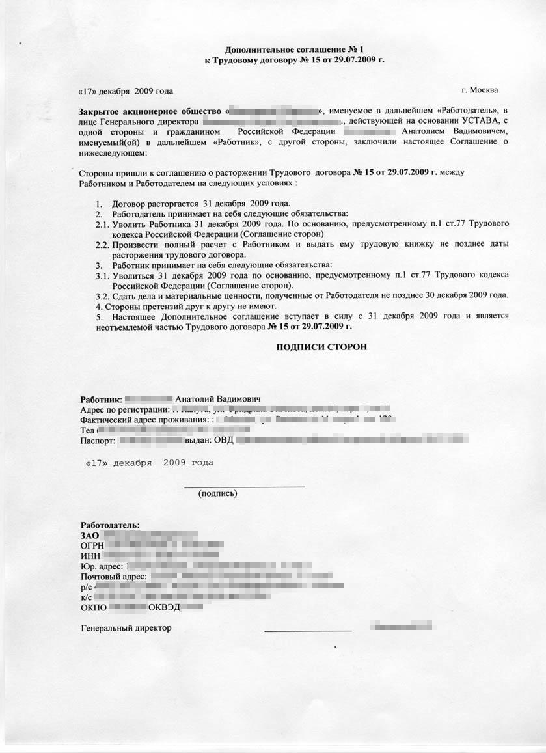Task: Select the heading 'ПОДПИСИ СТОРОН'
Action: pos(321,347)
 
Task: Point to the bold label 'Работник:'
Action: pos(101,399)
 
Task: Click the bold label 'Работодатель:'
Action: pos(110,525)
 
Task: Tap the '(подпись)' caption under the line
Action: pos(217,493)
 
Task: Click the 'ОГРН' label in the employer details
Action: pos(92,545)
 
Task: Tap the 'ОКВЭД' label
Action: pos(164,607)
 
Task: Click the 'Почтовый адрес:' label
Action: pos(115,577)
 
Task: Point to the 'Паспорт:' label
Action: pos(98,441)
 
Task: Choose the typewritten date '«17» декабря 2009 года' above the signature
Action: pos(149,463)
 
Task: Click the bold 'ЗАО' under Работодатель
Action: pos(90,535)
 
